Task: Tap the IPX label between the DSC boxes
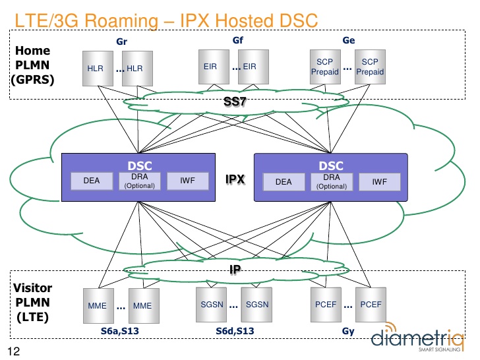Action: [x=235, y=179]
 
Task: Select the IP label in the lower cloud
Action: [x=235, y=268]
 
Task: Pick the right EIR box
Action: [x=249, y=67]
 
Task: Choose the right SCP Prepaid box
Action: [x=369, y=67]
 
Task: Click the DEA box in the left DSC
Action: [x=91, y=180]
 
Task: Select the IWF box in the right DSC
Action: [x=379, y=181]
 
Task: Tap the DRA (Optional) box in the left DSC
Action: [x=139, y=181]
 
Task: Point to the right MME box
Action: [x=142, y=305]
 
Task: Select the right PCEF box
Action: [x=371, y=305]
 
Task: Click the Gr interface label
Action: [x=121, y=42]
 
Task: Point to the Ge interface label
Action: [x=349, y=40]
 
